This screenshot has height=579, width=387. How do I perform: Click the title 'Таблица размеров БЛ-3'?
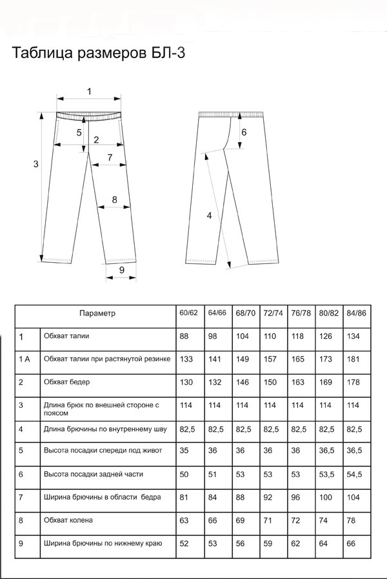(99, 53)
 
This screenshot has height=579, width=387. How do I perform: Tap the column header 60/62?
(188, 313)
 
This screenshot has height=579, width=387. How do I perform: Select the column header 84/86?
(357, 313)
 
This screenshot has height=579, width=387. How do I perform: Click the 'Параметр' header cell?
(97, 313)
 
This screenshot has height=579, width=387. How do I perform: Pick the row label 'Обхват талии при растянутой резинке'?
(107, 359)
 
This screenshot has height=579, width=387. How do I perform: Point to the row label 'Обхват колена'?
(68, 520)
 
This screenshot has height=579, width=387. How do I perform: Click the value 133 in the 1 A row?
(186, 359)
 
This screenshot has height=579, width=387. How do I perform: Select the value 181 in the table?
(353, 359)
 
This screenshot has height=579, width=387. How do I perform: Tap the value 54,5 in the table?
(354, 474)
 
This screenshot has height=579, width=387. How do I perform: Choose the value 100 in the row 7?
(325, 498)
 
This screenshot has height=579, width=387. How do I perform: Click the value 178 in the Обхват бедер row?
(353, 382)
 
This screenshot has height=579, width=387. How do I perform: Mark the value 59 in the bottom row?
(268, 543)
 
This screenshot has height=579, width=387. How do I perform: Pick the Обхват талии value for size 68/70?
(243, 336)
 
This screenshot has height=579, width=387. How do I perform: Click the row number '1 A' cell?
(25, 359)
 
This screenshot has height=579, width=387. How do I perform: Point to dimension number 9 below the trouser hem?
(122, 270)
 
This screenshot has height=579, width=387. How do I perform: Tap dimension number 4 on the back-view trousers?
(209, 216)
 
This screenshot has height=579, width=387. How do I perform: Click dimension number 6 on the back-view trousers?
(244, 132)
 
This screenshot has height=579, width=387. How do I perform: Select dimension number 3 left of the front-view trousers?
(35, 164)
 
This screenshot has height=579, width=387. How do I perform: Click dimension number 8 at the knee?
(114, 199)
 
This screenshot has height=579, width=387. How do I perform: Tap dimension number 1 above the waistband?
(89, 91)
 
